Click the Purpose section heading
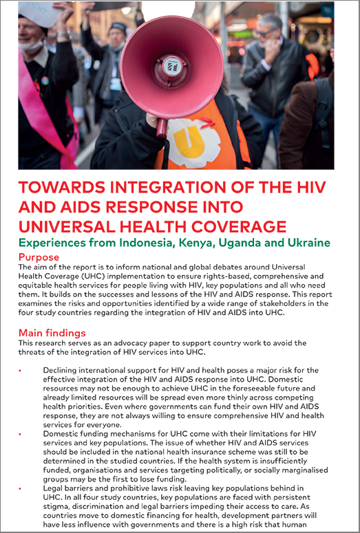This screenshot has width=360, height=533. (40, 256)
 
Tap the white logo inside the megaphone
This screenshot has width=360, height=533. (172, 67)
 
